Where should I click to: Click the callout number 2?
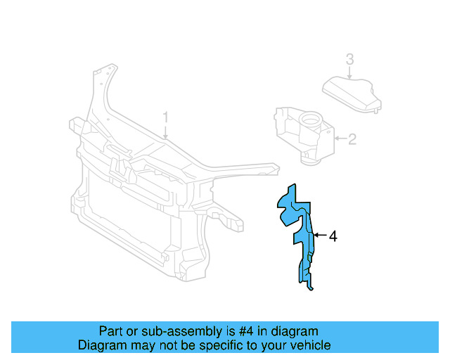(352, 139)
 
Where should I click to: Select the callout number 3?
(349, 59)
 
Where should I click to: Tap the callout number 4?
(333, 237)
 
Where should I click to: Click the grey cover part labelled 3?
(351, 95)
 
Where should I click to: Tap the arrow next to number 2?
(340, 139)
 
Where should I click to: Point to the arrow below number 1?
(165, 131)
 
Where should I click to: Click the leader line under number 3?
(349, 72)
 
